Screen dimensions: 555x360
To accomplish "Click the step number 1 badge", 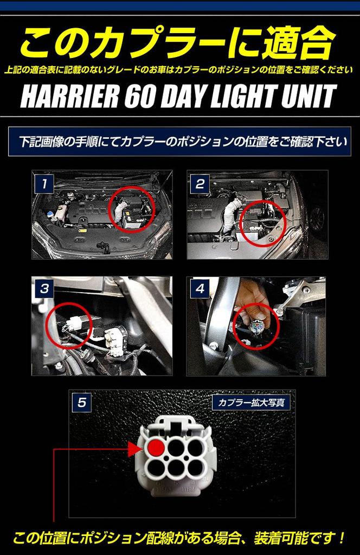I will (x=43, y=184).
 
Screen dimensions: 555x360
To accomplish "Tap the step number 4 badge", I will (x=200, y=289).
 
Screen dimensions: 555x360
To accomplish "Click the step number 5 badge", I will (x=82, y=403).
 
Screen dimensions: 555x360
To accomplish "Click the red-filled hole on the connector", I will (x=156, y=448).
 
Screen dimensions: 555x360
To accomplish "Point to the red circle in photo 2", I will (x=262, y=223).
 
